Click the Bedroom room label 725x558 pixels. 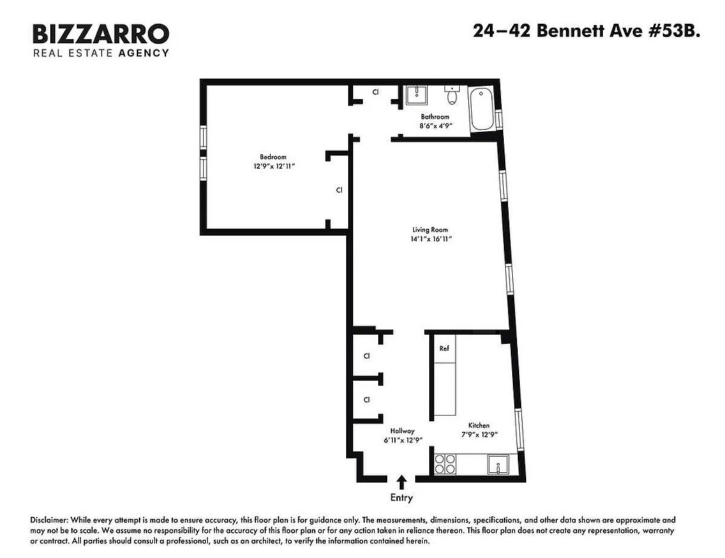pos(273,157)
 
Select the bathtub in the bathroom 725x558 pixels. pos(481,110)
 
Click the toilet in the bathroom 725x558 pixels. pos(452,95)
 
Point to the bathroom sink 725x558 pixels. pos(417,95)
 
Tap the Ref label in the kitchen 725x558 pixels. pos(444,349)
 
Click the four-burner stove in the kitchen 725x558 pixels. pos(445,464)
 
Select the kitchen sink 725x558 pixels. pos(498,464)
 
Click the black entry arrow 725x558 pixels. pos(402,481)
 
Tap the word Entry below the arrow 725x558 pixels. pos(402,498)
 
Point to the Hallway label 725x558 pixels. pos(403,430)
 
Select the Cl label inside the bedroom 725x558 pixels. pos(339,190)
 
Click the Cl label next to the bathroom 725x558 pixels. pos(375,92)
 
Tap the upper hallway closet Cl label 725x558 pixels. pos(366,356)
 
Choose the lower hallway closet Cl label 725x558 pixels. pos(366,400)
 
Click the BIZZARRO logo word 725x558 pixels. pos(101,33)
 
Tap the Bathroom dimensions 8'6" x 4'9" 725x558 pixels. pos(435,126)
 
